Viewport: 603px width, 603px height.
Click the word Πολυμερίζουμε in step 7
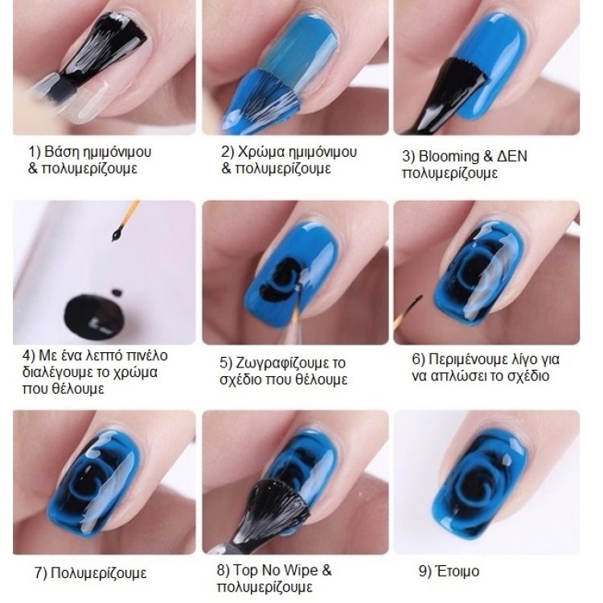coord(98,573)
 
